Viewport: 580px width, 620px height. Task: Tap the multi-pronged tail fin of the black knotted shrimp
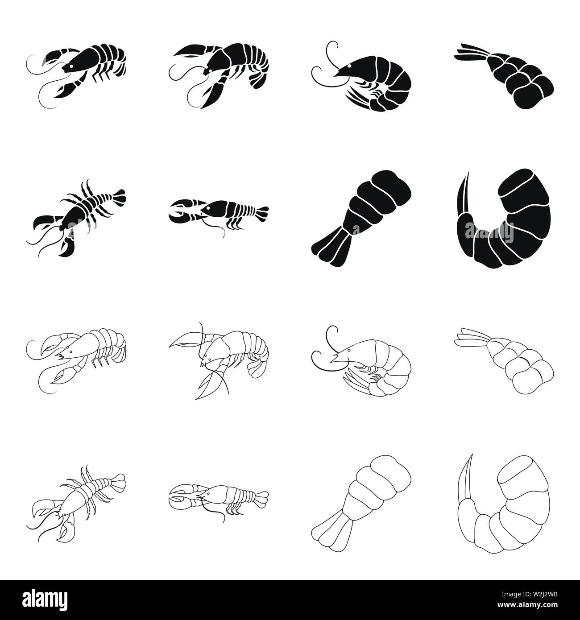pos(468,52)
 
